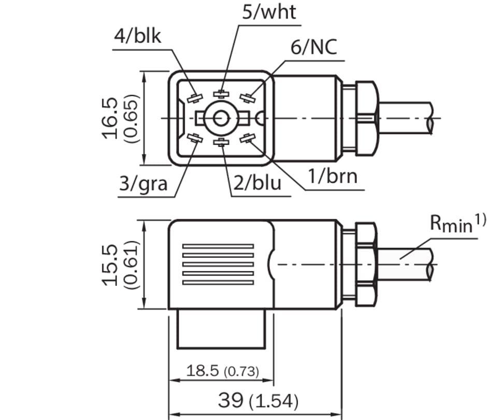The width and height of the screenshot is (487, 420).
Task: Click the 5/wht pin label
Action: (x=269, y=11)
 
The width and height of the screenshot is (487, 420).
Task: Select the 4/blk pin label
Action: (x=138, y=37)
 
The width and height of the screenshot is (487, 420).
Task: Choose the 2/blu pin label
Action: (x=256, y=183)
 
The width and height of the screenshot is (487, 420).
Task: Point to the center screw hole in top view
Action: (x=222, y=119)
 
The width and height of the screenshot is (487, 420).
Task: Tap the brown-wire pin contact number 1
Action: (x=248, y=138)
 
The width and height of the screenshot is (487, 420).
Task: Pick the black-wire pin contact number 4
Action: (x=195, y=98)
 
